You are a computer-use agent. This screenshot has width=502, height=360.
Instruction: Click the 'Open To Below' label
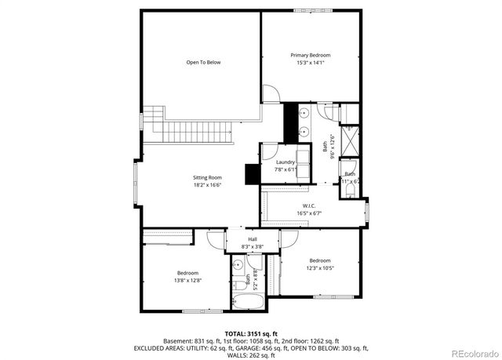202,62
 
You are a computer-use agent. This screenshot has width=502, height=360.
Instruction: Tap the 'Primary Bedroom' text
310,55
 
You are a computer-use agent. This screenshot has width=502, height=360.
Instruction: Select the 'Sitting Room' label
207,177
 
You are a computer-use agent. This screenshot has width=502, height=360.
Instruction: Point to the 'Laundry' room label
285,162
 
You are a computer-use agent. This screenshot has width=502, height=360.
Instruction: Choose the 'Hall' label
253,239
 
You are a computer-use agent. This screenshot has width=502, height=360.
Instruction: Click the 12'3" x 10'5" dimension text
319,268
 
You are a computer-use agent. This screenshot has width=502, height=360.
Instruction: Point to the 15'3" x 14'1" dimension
310,63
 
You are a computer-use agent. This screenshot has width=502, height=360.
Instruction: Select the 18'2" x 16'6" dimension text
207,185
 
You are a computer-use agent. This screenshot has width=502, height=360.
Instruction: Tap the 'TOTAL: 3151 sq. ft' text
251,333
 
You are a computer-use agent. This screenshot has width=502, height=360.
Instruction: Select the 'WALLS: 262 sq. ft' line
251,355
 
